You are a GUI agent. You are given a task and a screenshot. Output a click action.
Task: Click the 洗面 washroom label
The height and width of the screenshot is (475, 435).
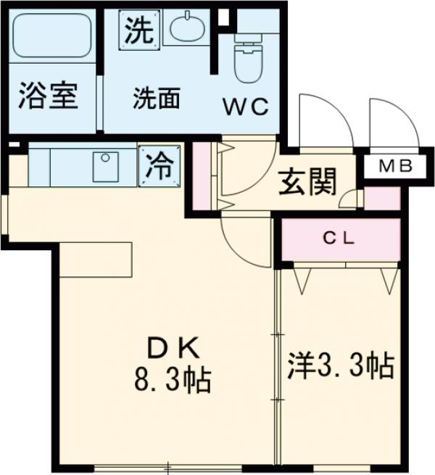[155, 99]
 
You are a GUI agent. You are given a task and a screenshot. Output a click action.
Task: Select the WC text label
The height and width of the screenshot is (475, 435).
[245, 107]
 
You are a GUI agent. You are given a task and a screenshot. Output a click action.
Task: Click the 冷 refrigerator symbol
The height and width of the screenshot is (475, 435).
[159, 166]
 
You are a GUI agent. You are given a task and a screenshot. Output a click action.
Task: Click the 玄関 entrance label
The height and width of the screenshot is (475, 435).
[307, 183]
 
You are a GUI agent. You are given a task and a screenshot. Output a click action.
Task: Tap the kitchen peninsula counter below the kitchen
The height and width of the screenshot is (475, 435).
[95, 260]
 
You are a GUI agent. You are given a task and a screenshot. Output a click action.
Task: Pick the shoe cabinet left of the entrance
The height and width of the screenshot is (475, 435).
[204, 173]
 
